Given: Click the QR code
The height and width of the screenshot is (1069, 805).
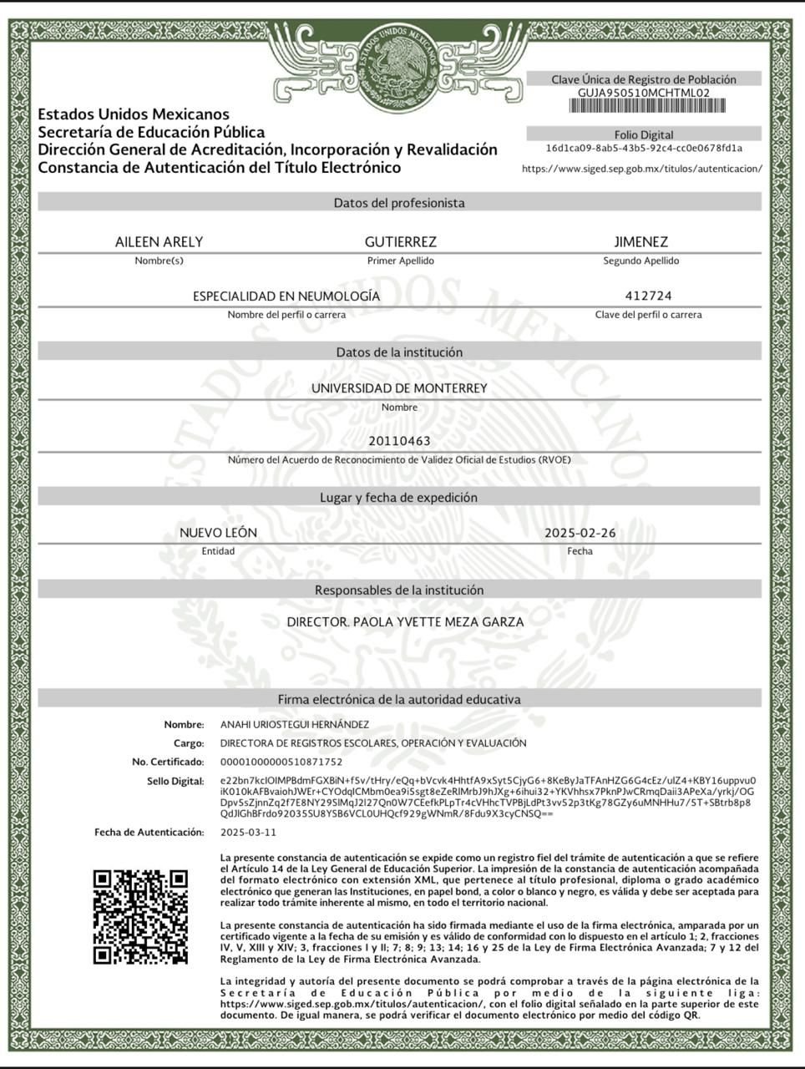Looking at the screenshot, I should click(140, 917).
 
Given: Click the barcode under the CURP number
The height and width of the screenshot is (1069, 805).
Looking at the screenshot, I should click(643, 106).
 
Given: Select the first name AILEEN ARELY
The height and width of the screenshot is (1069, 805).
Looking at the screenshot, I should click(159, 242).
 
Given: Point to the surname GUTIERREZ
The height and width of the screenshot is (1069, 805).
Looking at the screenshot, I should click(400, 242).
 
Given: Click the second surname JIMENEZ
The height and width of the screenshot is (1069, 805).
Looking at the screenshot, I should click(640, 242).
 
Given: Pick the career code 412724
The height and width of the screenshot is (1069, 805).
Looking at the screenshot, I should click(648, 296).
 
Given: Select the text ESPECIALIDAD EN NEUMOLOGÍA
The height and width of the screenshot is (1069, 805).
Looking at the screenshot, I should click(286, 296).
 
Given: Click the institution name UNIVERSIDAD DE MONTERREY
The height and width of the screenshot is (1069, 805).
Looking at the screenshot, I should click(399, 388).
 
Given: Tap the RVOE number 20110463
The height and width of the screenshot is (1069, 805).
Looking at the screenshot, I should click(399, 441).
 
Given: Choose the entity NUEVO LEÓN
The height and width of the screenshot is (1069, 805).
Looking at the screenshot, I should click(218, 533).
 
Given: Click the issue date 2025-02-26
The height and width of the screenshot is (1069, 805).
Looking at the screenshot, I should click(580, 533).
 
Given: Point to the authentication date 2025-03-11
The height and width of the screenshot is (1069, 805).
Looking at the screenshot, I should click(248, 833).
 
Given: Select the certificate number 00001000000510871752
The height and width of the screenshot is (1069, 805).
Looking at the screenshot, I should click(281, 762).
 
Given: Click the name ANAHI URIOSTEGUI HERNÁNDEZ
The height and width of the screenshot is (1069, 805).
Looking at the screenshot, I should click(294, 725).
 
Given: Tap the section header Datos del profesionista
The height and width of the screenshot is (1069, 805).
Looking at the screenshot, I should click(399, 203).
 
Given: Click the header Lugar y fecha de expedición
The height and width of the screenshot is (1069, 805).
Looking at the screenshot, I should click(399, 498).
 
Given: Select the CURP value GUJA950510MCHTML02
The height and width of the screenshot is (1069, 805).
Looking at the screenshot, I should click(643, 93).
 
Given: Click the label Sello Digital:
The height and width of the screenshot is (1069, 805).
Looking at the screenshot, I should click(175, 782).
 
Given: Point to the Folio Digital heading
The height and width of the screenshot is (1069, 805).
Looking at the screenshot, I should click(643, 134).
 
